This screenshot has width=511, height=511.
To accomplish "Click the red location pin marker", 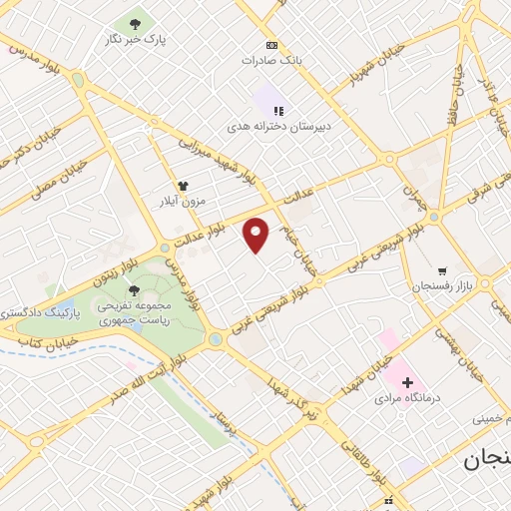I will tap(256, 235).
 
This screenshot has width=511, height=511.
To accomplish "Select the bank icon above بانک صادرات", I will tap(270, 46).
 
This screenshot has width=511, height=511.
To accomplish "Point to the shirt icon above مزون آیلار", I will tap(183, 186).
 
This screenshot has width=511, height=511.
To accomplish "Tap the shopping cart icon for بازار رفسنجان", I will tap(441, 270).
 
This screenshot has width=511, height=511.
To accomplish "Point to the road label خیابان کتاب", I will tap(34, 341).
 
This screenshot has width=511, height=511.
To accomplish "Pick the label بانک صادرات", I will tap(270, 60).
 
